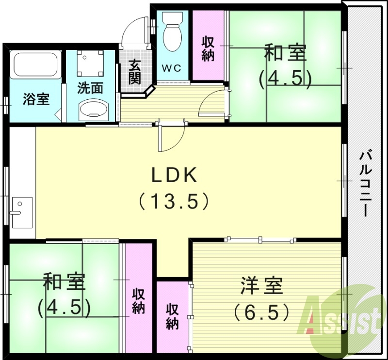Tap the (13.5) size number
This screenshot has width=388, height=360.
point(175,201)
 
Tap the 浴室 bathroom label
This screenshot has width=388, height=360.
point(36,100)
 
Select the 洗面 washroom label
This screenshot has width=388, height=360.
point(91,89)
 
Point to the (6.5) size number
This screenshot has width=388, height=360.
point(262,311)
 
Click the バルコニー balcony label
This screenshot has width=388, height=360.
point(365,184)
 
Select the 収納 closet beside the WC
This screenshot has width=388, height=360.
point(209,48)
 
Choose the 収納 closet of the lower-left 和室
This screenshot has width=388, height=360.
point(138,300)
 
